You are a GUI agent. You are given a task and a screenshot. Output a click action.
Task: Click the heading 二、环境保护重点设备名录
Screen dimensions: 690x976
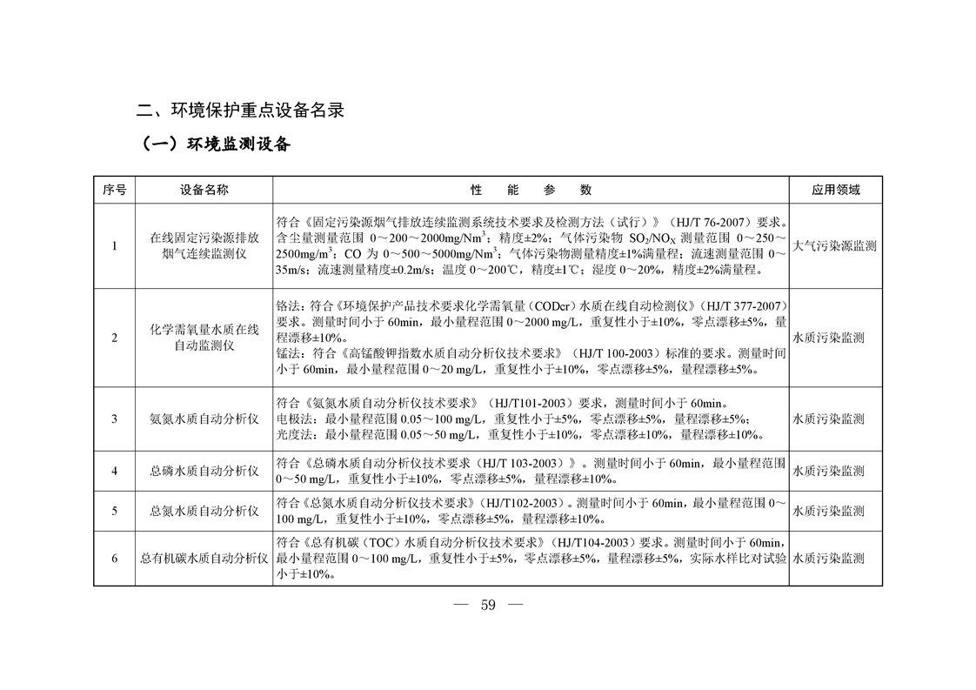tap(241, 111)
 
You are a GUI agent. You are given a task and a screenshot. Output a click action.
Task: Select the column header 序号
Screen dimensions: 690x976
tap(114, 190)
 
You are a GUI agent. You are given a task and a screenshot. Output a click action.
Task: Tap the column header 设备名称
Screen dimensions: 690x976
tap(204, 190)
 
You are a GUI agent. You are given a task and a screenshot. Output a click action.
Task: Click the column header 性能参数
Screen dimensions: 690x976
tap(531, 190)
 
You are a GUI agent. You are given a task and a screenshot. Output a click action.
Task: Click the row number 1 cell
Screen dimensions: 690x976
tap(114, 246)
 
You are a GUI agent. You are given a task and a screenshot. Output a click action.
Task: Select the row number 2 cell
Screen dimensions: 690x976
tap(114, 338)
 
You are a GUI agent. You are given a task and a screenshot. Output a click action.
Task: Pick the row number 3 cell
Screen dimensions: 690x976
tap(114, 419)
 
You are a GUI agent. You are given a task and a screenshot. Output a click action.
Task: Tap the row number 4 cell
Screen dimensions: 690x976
tap(114, 471)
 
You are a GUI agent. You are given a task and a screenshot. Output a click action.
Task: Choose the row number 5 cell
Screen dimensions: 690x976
tap(114, 511)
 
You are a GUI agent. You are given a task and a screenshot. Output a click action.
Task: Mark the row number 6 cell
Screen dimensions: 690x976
tap(114, 558)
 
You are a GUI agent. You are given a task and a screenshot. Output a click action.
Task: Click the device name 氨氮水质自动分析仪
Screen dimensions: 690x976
tap(204, 419)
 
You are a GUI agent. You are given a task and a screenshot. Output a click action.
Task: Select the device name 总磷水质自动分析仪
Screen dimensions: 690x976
tap(204, 471)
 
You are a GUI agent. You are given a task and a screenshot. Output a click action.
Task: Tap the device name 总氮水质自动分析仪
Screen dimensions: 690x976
tap(204, 511)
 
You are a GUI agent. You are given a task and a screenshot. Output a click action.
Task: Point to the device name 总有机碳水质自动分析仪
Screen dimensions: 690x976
tap(204, 558)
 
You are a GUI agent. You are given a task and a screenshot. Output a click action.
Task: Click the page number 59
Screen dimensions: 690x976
tap(487, 606)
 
